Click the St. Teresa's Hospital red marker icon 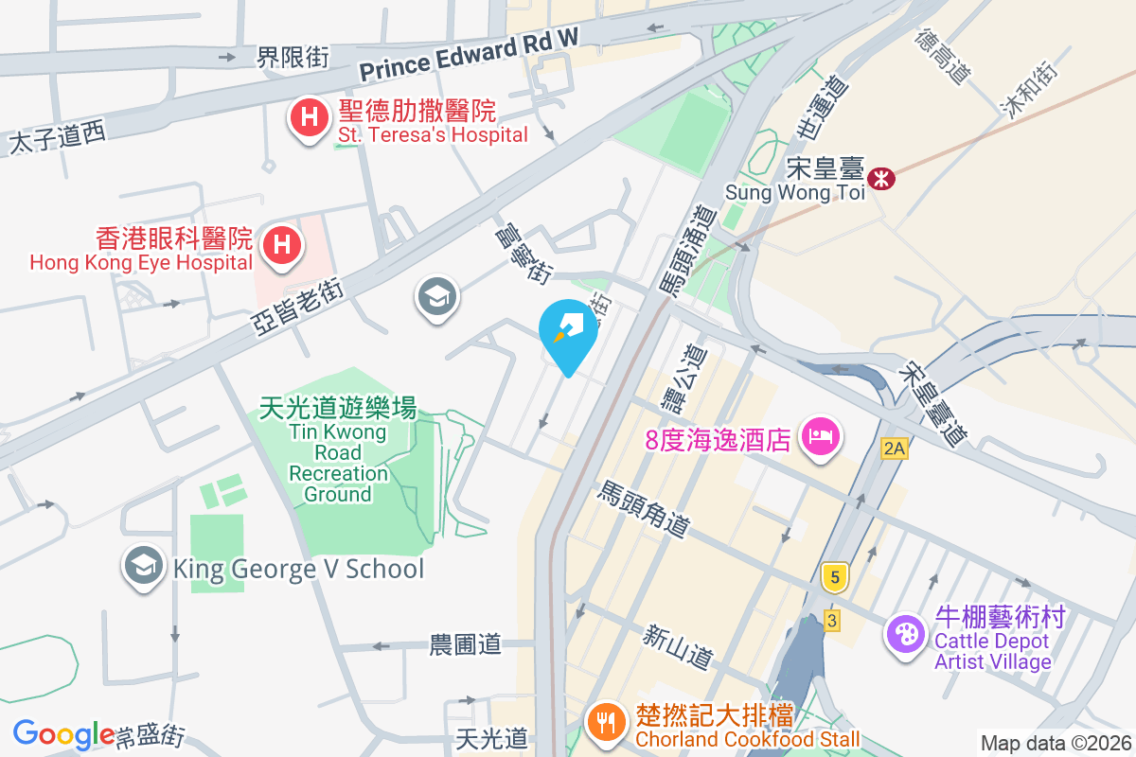[308, 118]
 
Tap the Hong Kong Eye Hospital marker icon [282, 244]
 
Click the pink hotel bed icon [818, 437]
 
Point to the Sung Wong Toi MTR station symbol [882, 177]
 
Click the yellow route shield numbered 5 [833, 576]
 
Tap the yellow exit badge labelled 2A [894, 448]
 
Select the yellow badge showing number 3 [831, 621]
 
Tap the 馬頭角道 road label [643, 508]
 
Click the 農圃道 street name [465, 645]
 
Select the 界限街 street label [293, 58]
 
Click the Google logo [63, 734]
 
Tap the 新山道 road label [677, 646]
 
